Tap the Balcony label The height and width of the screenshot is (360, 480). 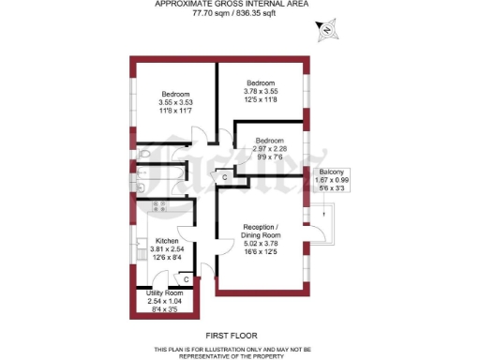click(x=332, y=172)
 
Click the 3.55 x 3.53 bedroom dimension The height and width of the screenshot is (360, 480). click(x=175, y=102)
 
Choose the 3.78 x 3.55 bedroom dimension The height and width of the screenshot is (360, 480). click(x=262, y=91)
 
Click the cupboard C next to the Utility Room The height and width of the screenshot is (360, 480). click(x=186, y=279)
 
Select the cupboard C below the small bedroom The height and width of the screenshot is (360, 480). click(x=225, y=176)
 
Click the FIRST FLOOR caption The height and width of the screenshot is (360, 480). click(x=232, y=335)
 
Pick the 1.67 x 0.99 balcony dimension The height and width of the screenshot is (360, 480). click(x=332, y=181)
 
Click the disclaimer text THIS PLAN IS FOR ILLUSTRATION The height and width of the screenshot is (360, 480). click(x=232, y=347)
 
